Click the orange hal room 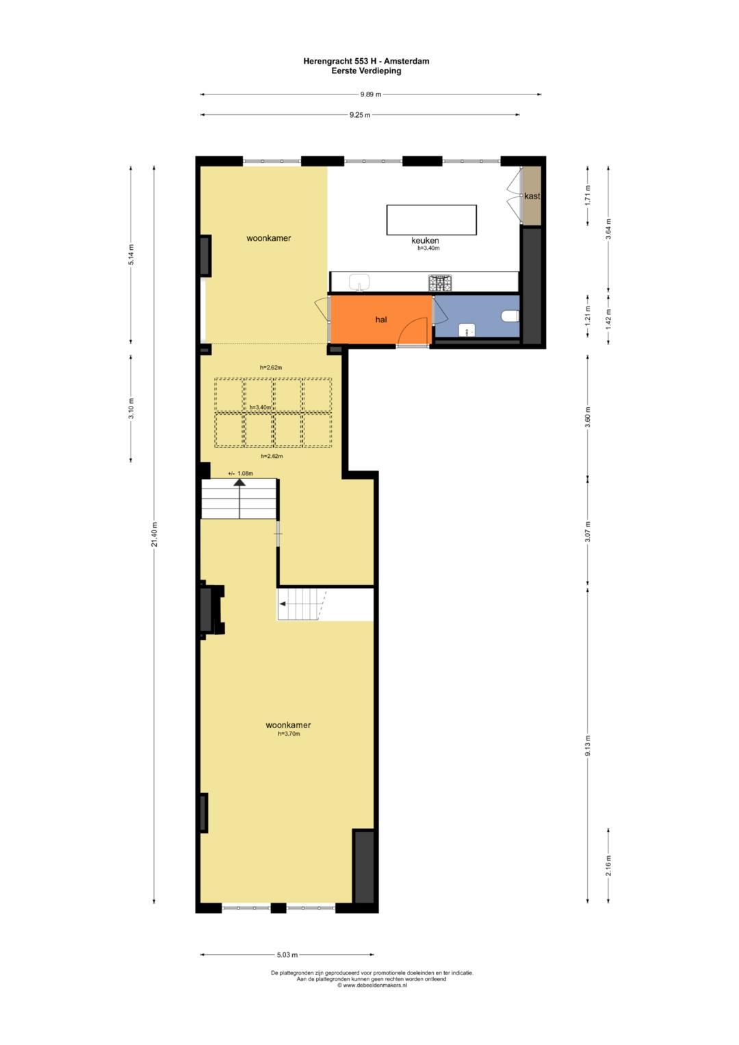click(380, 320)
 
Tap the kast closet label click(532, 196)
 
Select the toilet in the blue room click(510, 316)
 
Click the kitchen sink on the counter click(359, 281)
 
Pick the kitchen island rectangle click(431, 220)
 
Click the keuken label click(425, 240)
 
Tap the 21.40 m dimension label click(155, 534)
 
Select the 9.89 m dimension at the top click(370, 94)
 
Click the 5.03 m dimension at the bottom click(287, 955)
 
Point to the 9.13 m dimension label click(587, 745)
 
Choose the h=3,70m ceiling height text click(289, 734)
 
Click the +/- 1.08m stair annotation click(240, 474)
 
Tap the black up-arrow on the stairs click(239, 482)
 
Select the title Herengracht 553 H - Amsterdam click(366, 61)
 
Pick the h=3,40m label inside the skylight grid click(260, 407)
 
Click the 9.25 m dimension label click(359, 115)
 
